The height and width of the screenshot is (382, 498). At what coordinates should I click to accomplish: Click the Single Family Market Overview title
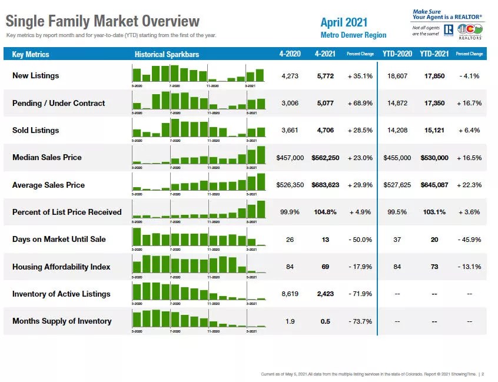coord(102,22)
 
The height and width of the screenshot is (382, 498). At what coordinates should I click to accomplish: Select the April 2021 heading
coord(344,22)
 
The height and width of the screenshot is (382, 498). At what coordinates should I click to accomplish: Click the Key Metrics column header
coord(31,54)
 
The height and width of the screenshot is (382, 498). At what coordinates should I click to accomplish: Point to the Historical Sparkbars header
coord(167,54)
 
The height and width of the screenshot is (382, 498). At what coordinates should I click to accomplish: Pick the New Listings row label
coord(35,75)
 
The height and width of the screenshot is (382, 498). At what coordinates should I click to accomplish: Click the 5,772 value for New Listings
coord(325,76)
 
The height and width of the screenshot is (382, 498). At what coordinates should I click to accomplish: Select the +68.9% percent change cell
coord(360,103)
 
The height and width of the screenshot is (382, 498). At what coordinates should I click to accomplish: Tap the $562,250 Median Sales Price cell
coord(325,158)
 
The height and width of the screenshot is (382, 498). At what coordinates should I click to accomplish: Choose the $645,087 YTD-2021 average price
coord(434,185)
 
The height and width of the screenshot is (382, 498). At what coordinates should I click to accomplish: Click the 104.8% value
coord(325,212)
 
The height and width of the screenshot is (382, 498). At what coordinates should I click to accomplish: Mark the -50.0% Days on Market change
coord(360,240)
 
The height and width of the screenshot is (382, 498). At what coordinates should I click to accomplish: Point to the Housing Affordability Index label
coord(61,267)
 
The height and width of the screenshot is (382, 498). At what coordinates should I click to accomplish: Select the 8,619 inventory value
coord(290,294)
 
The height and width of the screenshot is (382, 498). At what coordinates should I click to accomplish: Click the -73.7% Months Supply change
coord(360,321)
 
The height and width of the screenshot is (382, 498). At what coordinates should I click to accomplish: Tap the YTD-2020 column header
coord(397,54)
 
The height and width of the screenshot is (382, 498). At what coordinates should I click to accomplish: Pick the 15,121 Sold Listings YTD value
coord(434,130)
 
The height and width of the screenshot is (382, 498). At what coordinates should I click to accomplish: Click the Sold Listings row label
coord(35,130)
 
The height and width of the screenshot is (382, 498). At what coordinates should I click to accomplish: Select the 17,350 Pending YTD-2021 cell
coord(434,103)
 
